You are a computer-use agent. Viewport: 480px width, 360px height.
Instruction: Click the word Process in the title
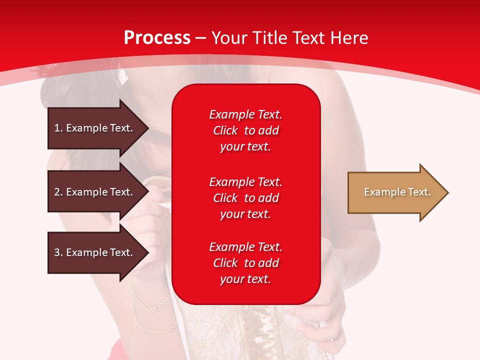pos(157,37)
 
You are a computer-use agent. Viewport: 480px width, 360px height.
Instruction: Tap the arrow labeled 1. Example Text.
pos(95,128)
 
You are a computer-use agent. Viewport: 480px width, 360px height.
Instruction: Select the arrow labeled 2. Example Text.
pos(95,192)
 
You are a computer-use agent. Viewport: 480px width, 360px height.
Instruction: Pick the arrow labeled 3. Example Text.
pos(95,252)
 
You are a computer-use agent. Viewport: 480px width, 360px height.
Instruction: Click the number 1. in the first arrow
pos(58,128)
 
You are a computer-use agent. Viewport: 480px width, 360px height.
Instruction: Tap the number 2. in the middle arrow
pos(58,192)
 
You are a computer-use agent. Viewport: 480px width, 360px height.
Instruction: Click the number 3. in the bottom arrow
pos(58,252)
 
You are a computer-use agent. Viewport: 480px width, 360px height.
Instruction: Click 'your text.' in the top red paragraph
pos(245,147)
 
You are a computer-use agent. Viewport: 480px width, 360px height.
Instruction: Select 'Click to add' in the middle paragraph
pos(245,198)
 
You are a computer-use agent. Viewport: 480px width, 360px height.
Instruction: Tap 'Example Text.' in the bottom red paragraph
pos(245,247)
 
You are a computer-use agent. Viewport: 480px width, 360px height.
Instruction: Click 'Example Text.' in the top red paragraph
pos(245,114)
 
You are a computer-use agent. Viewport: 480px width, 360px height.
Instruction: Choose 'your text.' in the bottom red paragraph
pos(245,279)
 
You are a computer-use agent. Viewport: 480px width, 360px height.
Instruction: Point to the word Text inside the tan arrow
pos(419,192)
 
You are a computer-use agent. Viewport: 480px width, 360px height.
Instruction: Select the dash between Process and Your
pos(200,38)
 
